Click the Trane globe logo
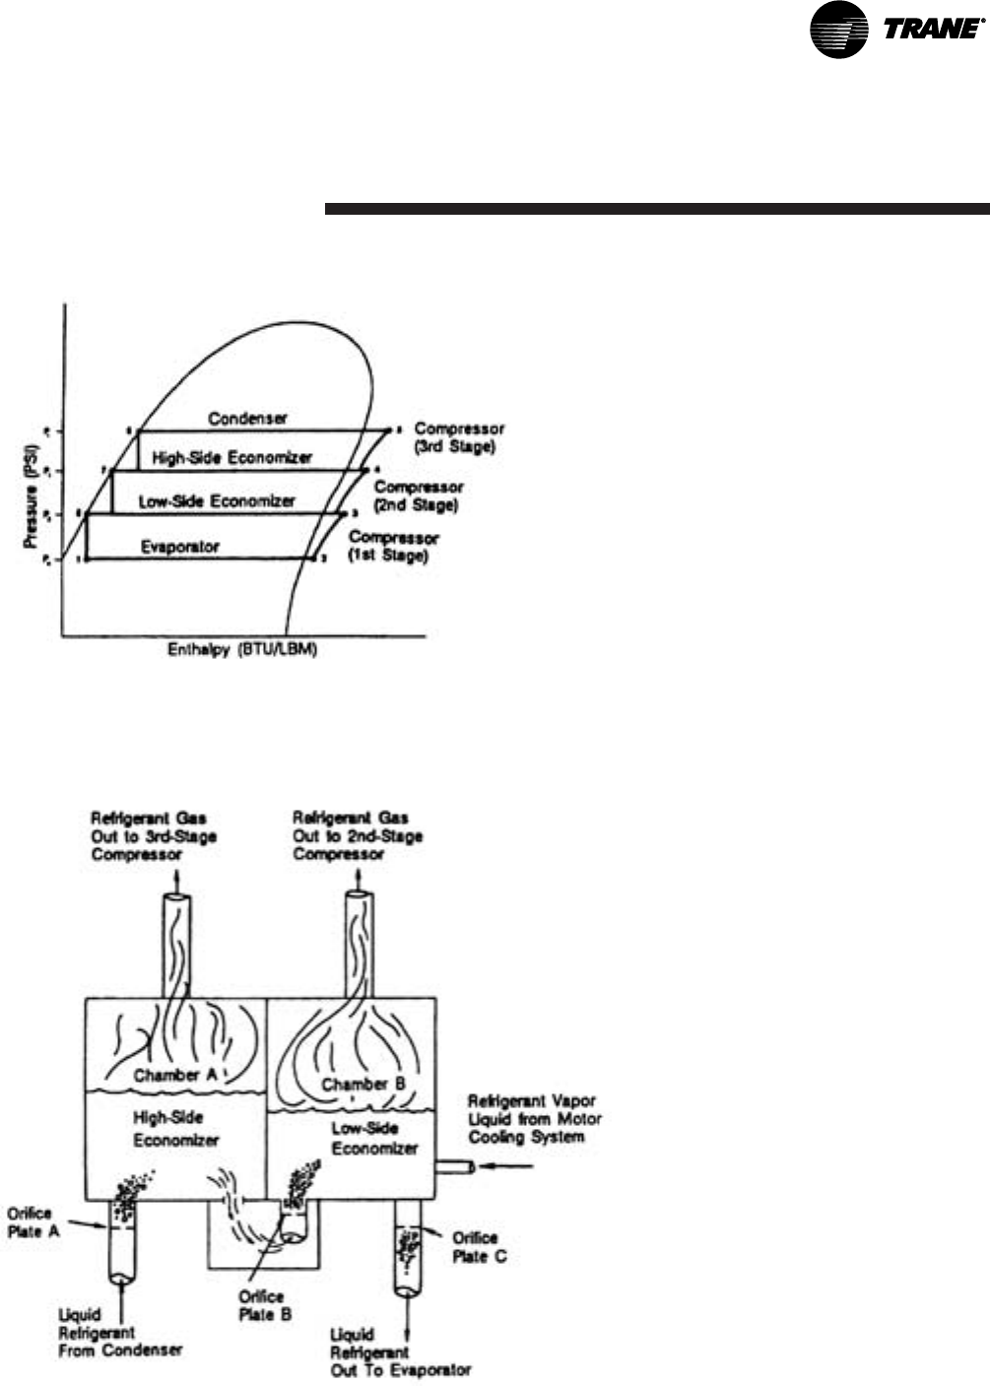pos(838,29)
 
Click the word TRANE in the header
pos(931,30)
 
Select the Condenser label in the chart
pos(248,419)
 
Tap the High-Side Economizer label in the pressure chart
pos(232,457)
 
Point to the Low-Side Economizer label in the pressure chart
pos(217,500)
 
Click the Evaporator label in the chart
pos(180,546)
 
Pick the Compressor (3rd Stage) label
pos(460,437)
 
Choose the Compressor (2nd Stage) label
pos(419,495)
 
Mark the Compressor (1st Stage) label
pos(394,547)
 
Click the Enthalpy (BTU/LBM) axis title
pos(243,651)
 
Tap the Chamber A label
pos(175,1075)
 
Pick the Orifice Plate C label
pos(479,1246)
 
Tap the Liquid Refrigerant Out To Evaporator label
pos(400,1352)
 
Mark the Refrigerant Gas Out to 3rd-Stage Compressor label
pos(154,835)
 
